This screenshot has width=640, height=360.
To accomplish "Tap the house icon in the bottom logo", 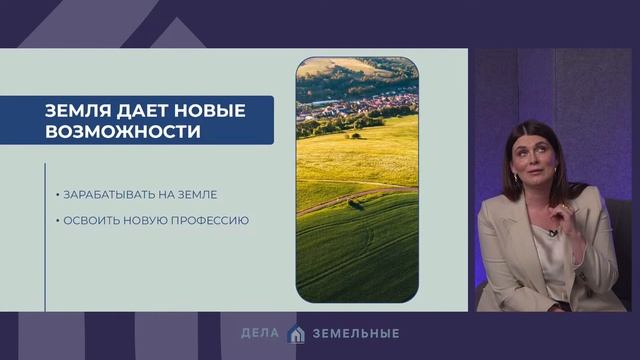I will coord(295,333).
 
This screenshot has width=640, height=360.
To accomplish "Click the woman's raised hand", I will coord(568,213).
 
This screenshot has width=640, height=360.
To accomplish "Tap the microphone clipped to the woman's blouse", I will coord(551,234).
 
